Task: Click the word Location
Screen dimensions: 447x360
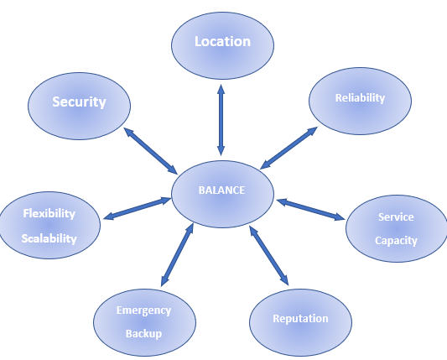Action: point(222,42)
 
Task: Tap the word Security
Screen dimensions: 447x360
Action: point(79,102)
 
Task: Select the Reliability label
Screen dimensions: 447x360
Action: point(360,98)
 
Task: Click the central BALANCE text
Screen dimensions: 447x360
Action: point(221,190)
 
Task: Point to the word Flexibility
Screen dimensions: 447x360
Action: point(49,214)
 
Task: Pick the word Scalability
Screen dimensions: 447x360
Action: point(49,238)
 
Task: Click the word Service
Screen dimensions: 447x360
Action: point(396,217)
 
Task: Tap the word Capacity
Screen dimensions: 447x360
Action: point(396,241)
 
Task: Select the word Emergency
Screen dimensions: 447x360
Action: point(143,310)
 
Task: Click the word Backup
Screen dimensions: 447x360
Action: point(143,333)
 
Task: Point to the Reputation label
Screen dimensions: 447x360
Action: point(300,319)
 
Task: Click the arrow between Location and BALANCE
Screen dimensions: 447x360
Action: point(221,120)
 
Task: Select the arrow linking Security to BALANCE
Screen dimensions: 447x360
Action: point(150,151)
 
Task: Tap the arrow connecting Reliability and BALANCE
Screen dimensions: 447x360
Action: point(288,148)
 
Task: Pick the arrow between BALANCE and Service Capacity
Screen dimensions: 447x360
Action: point(311,210)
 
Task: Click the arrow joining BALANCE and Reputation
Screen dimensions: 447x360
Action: point(269,255)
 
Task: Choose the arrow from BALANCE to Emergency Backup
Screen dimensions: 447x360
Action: point(177,255)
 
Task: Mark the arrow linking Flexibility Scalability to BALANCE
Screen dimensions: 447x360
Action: point(138,208)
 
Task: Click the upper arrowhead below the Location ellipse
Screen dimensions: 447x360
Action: point(221,89)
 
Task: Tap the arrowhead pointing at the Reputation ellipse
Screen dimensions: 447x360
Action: point(284,279)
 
